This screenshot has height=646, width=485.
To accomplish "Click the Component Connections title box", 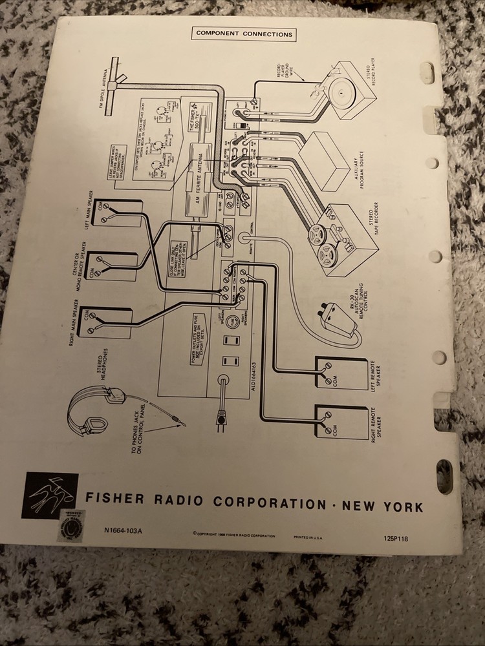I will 244,34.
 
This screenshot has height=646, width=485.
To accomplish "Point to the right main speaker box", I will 106,323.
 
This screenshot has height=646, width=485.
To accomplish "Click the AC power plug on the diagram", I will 222,421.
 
